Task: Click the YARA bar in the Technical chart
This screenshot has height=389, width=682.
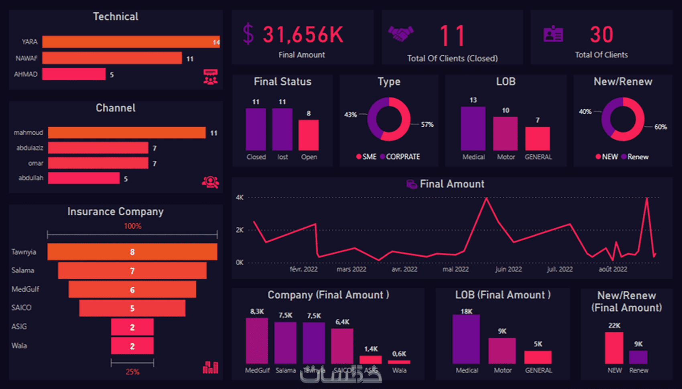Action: tap(131, 42)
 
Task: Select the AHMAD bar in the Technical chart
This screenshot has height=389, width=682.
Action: tap(74, 74)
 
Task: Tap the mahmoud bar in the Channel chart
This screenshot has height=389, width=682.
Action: tap(127, 133)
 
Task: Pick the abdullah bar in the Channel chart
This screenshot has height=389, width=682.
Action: tap(83, 178)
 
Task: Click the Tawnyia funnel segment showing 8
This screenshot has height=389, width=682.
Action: tap(132, 252)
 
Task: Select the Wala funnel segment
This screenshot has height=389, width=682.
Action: tap(132, 346)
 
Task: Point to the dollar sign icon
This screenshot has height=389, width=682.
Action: tap(248, 34)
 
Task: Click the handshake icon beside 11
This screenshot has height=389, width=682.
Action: tap(400, 34)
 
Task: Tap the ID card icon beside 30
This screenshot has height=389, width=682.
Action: tap(553, 34)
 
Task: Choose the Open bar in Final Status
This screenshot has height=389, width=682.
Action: tap(309, 135)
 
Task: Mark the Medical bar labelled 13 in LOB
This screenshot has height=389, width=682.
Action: tap(473, 128)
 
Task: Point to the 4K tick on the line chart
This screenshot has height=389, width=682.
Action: tap(240, 197)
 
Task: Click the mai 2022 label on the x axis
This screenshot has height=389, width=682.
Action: tap(455, 269)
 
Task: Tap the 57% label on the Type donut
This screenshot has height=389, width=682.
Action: tap(427, 124)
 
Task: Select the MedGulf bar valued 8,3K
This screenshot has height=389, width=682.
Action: tap(257, 341)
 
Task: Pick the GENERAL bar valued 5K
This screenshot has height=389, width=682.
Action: tap(538, 357)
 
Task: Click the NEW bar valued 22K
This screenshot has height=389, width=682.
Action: tap(614, 348)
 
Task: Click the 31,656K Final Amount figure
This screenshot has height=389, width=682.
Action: tap(303, 34)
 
